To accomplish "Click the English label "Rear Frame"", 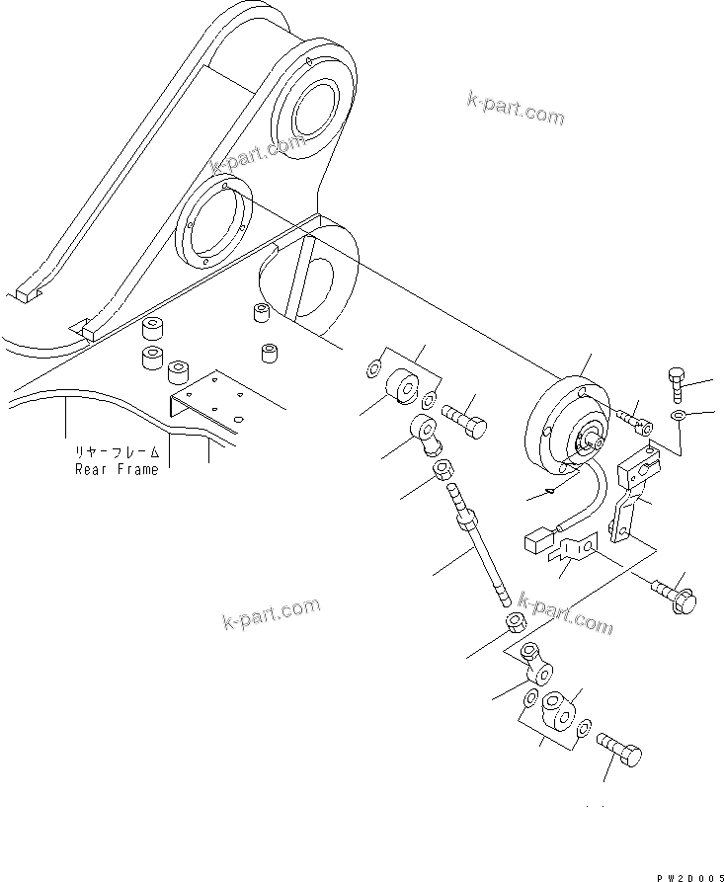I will [x=116, y=469].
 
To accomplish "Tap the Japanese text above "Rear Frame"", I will [x=117, y=453].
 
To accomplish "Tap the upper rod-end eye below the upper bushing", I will [x=426, y=434].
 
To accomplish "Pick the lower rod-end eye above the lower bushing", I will [x=533, y=661].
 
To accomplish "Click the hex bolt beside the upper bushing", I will [x=465, y=424].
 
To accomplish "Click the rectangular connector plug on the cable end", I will [x=532, y=541].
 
